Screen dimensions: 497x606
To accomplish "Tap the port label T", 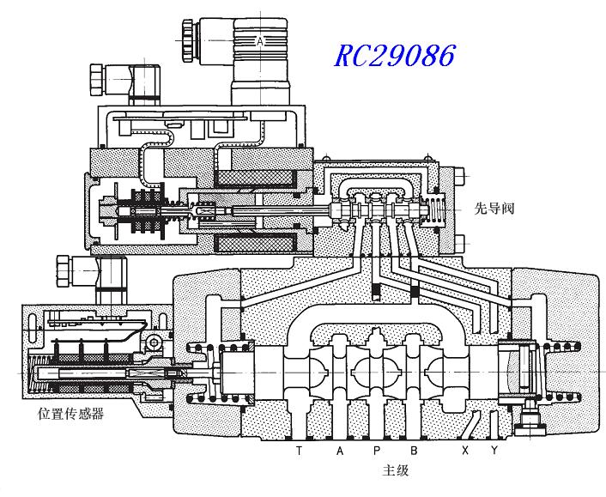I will point(299,451).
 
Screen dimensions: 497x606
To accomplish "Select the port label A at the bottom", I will point(341,451).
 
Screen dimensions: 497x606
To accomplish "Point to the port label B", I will point(414,451).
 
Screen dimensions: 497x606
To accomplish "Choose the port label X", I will point(465,451).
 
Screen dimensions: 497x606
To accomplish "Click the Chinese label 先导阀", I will point(495,208).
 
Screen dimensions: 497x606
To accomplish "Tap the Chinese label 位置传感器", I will point(70,414).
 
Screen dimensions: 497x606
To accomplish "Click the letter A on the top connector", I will point(260,40).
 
